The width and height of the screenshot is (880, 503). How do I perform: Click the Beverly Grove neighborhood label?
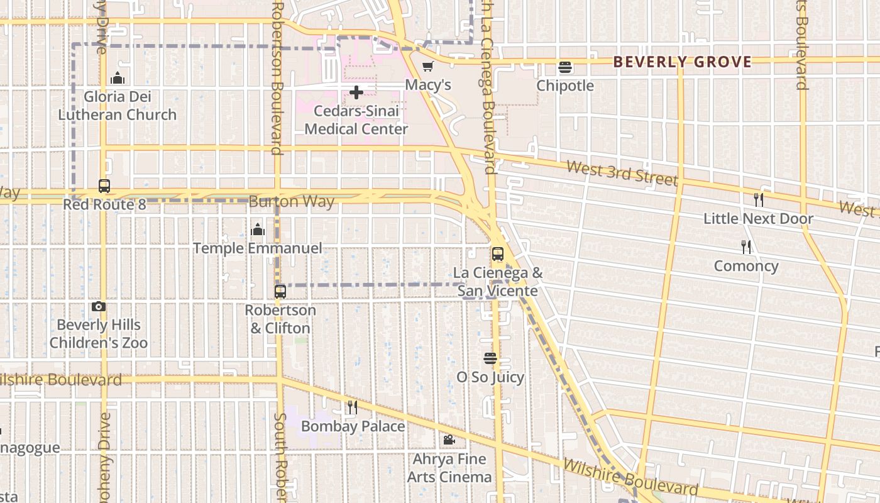(682, 62)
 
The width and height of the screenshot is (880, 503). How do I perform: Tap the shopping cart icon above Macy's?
(428, 66)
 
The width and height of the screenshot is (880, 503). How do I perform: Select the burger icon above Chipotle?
(564, 67)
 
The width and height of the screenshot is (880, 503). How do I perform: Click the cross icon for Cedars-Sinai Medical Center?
(356, 93)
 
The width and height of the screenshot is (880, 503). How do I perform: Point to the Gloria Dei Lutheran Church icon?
(117, 78)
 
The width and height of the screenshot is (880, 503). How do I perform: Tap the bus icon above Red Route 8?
(104, 186)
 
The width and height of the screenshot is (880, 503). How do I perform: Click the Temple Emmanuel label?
(257, 248)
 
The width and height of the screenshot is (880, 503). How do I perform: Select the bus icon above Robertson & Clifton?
(280, 292)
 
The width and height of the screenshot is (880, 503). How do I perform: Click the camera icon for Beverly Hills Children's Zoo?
(99, 307)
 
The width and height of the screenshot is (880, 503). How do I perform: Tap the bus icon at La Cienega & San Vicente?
(498, 254)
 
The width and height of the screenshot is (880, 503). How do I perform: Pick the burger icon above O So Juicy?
(490, 358)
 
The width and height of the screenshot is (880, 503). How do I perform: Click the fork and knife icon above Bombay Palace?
(353, 407)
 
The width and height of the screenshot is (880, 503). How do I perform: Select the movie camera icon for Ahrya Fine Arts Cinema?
(449, 440)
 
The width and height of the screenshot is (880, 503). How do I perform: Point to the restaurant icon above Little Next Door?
(759, 200)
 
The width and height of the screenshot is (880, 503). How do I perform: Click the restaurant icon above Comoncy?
(746, 247)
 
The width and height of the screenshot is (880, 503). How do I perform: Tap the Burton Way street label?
(292, 202)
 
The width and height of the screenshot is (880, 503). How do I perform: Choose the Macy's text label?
(428, 85)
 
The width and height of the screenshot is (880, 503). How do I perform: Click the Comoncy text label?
(746, 266)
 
